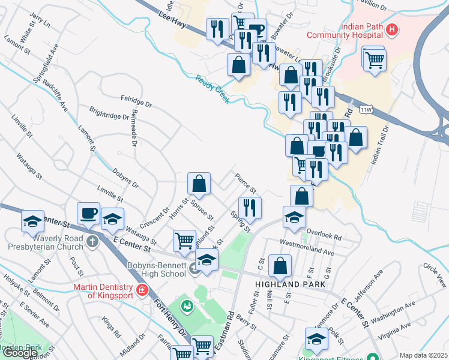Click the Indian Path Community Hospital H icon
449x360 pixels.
(x=392, y=28)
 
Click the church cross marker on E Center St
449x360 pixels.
(x=91, y=242)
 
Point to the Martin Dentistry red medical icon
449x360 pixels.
(x=142, y=290)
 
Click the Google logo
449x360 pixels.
(x=20, y=353)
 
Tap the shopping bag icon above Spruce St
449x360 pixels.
(x=199, y=184)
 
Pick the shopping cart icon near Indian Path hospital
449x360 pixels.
(x=375, y=59)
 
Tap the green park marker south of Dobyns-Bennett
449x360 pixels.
(x=187, y=305)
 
